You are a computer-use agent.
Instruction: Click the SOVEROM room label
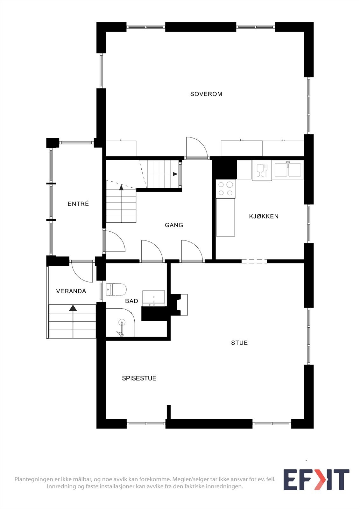pyautogui.click(x=206, y=94)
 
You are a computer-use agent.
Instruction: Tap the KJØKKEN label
pyautogui.click(x=264, y=216)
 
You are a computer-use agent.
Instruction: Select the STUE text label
pyautogui.click(x=239, y=343)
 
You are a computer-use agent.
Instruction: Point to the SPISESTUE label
pyautogui.click(x=139, y=378)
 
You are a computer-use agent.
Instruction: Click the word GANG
pyautogui.click(x=174, y=225)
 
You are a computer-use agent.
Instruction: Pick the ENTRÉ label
pyautogui.click(x=78, y=204)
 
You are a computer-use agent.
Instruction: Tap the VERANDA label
pyautogui.click(x=71, y=291)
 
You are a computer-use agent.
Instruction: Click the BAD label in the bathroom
pyautogui.click(x=131, y=301)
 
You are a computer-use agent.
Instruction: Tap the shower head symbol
pyautogui.click(x=122, y=323)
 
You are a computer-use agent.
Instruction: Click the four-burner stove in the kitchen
pyautogui.click(x=226, y=189)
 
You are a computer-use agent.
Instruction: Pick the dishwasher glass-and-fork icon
pyautogui.click(x=262, y=171)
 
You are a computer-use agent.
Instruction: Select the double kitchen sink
pyautogui.click(x=288, y=170)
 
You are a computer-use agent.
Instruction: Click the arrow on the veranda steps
pyautogui.click(x=73, y=308)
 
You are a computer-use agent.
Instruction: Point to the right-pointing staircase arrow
pyautogui.click(x=175, y=174)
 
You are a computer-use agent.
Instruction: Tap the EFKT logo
pyautogui.click(x=316, y=479)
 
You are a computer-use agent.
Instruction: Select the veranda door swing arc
pyautogui.click(x=81, y=272)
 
